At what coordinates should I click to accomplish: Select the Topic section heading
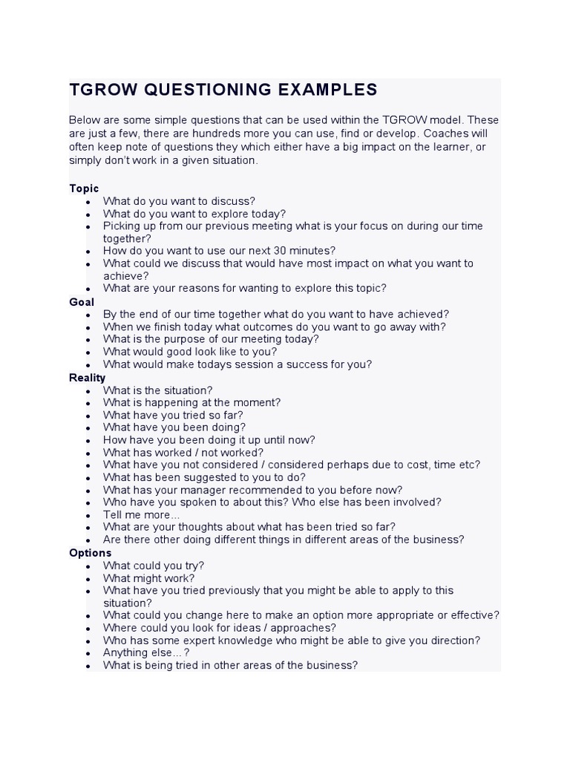[84, 189]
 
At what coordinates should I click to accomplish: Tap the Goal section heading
[82, 302]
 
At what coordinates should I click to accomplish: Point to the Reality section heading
[88, 378]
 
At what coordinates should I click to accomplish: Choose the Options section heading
[90, 553]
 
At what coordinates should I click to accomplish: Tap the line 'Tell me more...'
[141, 515]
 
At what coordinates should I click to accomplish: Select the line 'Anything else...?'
[146, 653]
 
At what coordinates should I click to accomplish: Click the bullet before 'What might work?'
[88, 579]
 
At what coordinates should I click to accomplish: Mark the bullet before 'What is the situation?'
[88, 391]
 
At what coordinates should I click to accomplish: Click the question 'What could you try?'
[153, 566]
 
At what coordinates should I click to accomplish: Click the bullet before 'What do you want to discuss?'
[88, 202]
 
